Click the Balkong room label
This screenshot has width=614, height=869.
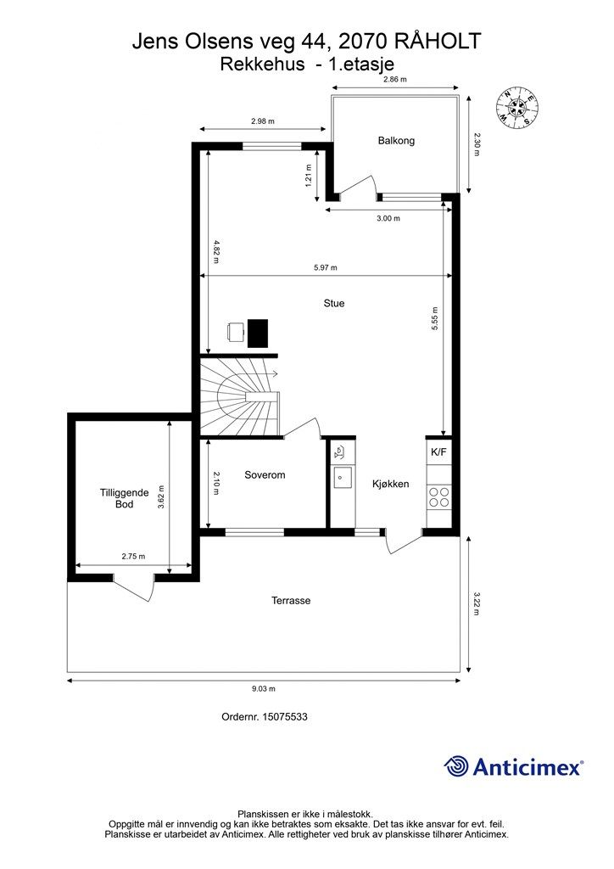pyautogui.click(x=396, y=141)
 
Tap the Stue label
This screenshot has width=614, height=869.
pyautogui.click(x=334, y=303)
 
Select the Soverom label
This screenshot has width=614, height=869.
pyautogui.click(x=265, y=475)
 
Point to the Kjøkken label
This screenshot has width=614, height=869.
pyautogui.click(x=390, y=484)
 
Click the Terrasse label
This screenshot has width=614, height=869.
pyautogui.click(x=291, y=601)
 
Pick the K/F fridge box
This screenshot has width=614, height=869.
pyautogui.click(x=438, y=452)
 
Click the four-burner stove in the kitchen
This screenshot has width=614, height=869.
pyautogui.click(x=439, y=496)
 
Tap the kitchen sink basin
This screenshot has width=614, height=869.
pyautogui.click(x=342, y=478)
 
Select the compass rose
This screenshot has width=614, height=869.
pyautogui.click(x=516, y=105)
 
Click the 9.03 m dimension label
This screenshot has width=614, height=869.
pyautogui.click(x=264, y=689)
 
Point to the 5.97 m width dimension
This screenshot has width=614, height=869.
pyautogui.click(x=326, y=267)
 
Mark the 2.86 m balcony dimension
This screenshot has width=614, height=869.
pyautogui.click(x=395, y=79)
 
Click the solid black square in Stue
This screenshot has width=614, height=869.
pyautogui.click(x=258, y=333)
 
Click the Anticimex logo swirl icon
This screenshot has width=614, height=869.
pyautogui.click(x=455, y=766)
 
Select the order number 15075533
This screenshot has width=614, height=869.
pyautogui.click(x=285, y=716)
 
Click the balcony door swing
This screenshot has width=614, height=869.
pyautogui.click(x=358, y=188)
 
